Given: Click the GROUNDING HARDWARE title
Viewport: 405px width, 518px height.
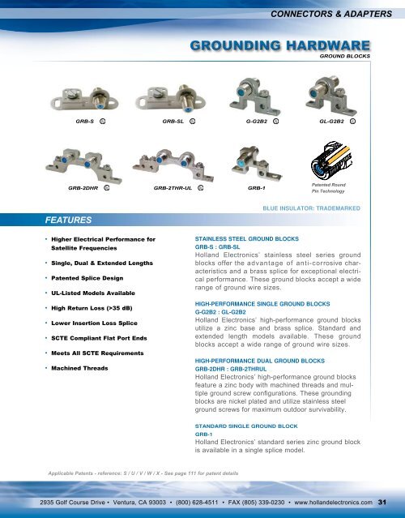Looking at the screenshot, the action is [x=279, y=46].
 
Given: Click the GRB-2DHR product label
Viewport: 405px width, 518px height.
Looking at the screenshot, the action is [x=83, y=187].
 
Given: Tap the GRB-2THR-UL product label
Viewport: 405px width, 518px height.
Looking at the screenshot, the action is [x=173, y=187].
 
